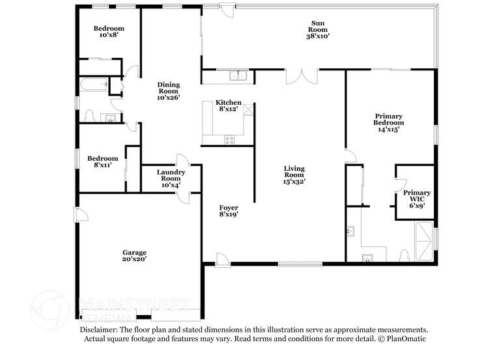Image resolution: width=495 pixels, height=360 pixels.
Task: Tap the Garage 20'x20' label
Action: click(x=135, y=255)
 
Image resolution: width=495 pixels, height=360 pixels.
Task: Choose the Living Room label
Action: click(x=294, y=174)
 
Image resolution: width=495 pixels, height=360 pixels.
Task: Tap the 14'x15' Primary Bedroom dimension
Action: click(x=388, y=130)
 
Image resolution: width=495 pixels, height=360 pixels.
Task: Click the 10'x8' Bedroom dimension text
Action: click(x=108, y=36)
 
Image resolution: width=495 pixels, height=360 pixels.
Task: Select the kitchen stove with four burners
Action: click(x=229, y=138)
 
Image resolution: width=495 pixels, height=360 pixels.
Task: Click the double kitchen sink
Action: click(x=238, y=76)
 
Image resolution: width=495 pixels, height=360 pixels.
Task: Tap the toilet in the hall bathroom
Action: click(x=89, y=116)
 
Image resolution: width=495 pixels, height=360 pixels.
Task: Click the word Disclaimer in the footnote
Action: click(x=102, y=330)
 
